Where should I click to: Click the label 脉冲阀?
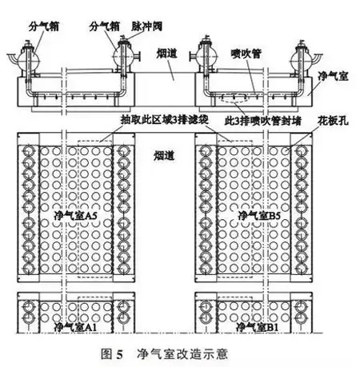pyautogui.click(x=146, y=26)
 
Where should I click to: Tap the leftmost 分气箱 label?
pyautogui.click(x=44, y=26)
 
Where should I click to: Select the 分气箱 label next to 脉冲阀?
pyautogui.click(x=105, y=26)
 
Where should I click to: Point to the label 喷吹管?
pyautogui.click(x=246, y=54)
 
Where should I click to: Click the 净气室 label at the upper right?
pyautogui.click(x=334, y=77)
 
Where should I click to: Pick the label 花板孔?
pyautogui.click(x=333, y=121)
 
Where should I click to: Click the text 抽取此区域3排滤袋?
pyautogui.click(x=165, y=120)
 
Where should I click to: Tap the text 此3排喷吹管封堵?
pyautogui.click(x=263, y=121)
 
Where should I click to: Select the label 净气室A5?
pyautogui.click(x=75, y=215)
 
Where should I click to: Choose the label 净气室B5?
pyautogui.click(x=259, y=215)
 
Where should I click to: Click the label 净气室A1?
pyautogui.click(x=75, y=327)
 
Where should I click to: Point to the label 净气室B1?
pyautogui.click(x=258, y=327)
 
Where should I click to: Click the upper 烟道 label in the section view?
pyautogui.click(x=166, y=54)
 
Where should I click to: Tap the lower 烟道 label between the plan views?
pyautogui.click(x=164, y=156)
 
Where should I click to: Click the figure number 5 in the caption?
pyautogui.click(x=119, y=355)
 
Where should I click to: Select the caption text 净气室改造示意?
pyautogui.click(x=182, y=354)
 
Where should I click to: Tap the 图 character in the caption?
pyautogui.click(x=106, y=354)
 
